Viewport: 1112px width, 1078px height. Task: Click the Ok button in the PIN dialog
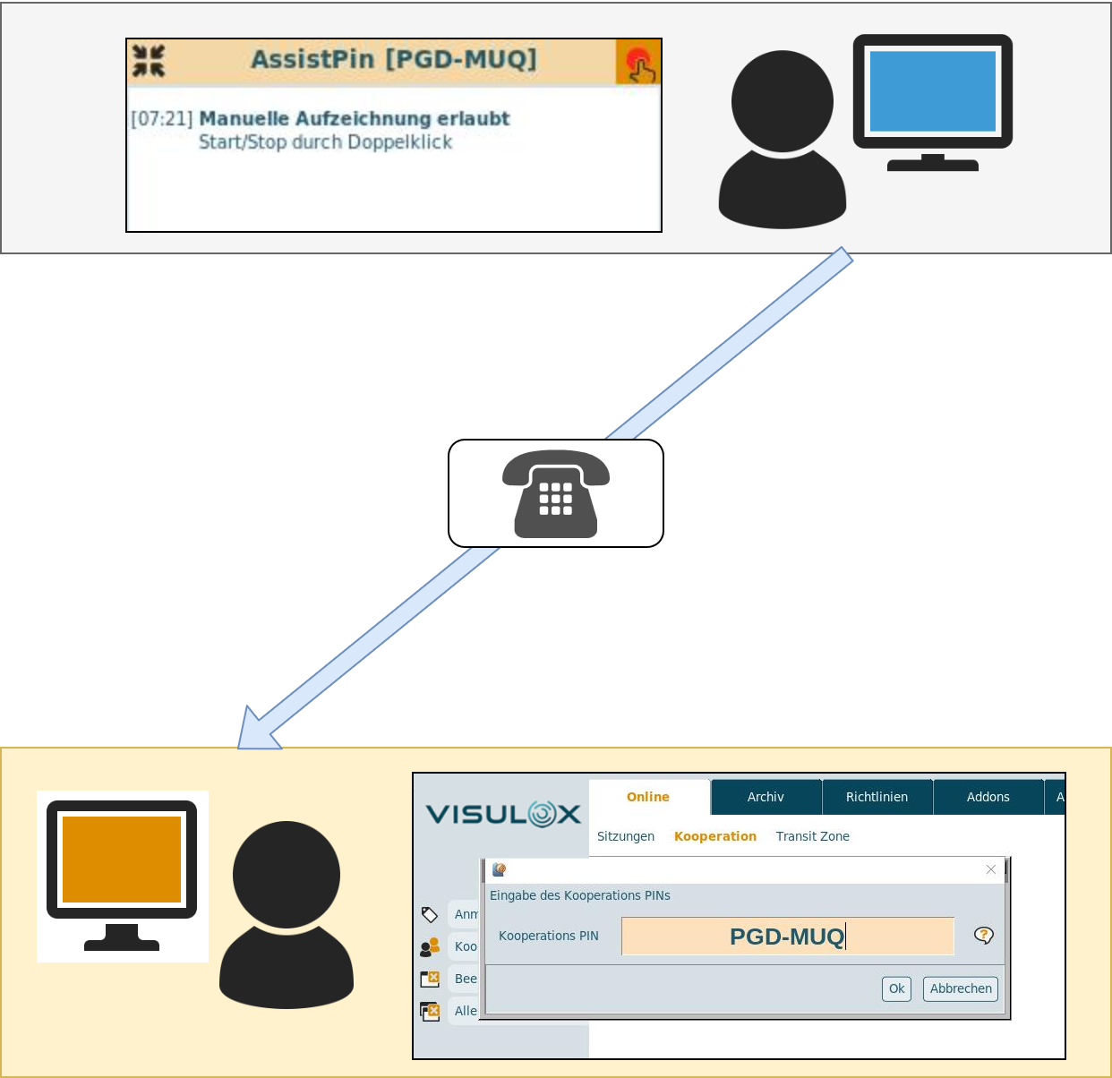896,988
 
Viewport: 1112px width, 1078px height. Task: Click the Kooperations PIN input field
788,937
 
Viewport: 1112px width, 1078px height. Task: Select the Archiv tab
766,797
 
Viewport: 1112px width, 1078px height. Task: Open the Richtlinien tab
877,797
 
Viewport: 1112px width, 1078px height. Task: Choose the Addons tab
988,797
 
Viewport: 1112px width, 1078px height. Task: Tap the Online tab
648,797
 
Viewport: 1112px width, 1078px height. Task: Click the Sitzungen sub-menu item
626,836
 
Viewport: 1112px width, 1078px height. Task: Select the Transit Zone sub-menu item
812,836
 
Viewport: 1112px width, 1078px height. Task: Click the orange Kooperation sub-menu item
715,836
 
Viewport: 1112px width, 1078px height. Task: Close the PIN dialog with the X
991,869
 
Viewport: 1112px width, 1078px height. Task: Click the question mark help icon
984,936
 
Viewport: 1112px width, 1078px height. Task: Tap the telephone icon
556,493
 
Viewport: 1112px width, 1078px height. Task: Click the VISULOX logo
503,814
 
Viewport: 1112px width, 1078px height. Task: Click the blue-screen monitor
933,93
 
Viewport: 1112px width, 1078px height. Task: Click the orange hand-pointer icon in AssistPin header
638,63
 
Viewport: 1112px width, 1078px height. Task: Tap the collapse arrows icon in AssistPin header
149,61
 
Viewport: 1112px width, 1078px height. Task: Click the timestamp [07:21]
162,119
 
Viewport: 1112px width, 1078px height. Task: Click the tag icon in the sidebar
430,914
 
